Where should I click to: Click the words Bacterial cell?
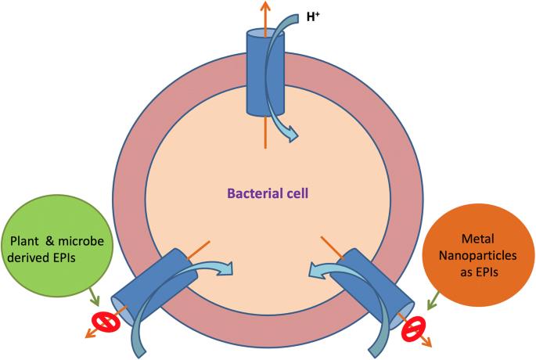coord(268,193)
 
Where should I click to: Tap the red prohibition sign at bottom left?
coord(103,322)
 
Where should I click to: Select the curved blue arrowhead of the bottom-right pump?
coord(311,271)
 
